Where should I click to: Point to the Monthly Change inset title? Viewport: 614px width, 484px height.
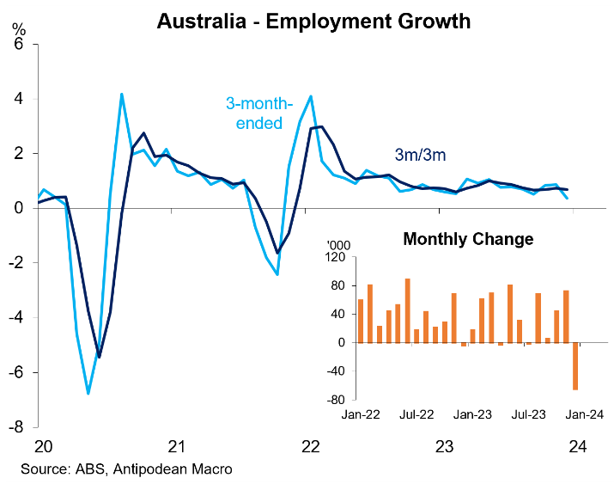pyautogui.click(x=468, y=239)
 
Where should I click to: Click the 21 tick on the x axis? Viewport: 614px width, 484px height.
pyautogui.click(x=177, y=447)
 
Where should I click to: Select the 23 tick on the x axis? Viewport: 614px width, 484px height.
pyautogui.click(x=445, y=447)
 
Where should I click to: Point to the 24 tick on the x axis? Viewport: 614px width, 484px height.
pyautogui.click(x=578, y=447)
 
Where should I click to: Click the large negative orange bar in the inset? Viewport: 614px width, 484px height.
pyautogui.click(x=575, y=366)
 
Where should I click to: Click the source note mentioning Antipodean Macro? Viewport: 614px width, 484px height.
pyautogui.click(x=127, y=469)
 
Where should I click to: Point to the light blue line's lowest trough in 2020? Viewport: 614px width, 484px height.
pyautogui.click(x=88, y=393)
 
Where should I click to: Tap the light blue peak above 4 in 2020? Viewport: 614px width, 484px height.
pyautogui.click(x=122, y=94)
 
